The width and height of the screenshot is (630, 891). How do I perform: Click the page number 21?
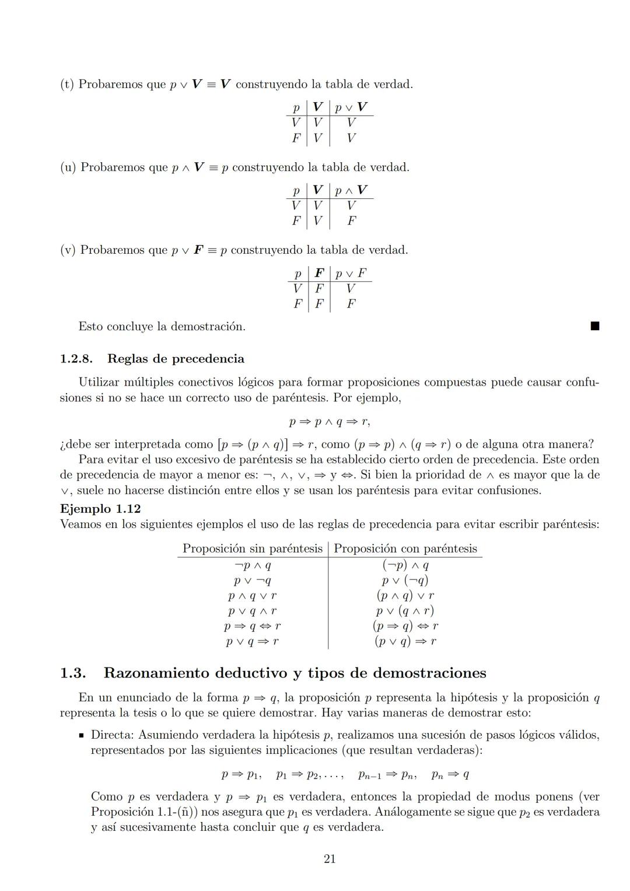[330, 858]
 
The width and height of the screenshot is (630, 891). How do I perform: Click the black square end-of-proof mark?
[594, 326]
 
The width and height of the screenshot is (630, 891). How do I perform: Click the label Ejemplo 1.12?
[100, 509]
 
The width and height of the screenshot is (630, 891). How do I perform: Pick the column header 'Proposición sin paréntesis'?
[252, 548]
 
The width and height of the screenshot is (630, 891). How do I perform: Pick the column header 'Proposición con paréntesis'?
[405, 548]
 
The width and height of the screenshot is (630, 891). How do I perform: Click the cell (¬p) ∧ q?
[405, 565]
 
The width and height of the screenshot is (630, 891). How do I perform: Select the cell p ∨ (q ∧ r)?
[405, 611]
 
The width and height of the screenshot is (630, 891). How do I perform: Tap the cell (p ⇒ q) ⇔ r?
[405, 626]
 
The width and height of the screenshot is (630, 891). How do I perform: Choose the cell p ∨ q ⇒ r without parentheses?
[252, 641]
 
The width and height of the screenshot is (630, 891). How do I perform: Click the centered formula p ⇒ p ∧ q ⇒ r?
[329, 421]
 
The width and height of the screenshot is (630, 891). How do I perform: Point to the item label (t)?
[67, 84]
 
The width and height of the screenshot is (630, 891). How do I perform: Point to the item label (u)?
[68, 167]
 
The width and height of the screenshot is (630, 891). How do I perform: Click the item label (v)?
[68, 250]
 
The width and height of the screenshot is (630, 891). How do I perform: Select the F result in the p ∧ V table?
[351, 221]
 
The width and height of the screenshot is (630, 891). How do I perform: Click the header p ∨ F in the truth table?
[351, 273]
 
